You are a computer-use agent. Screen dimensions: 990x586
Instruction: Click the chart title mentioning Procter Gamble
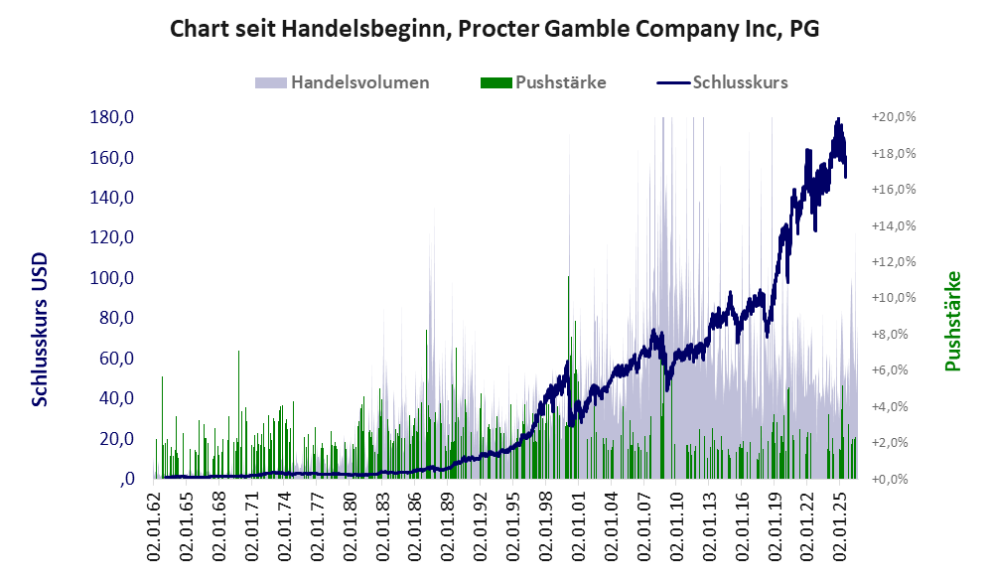pyautogui.click(x=495, y=29)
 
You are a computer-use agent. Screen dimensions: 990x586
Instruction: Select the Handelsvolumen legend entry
pyautogui.click(x=343, y=82)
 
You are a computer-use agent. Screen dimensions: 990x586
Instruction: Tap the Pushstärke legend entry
pyautogui.click(x=543, y=82)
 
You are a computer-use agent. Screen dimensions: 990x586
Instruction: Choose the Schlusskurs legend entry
pyautogui.click(x=722, y=82)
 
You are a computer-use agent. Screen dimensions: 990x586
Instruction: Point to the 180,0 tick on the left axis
pyautogui.click(x=112, y=117)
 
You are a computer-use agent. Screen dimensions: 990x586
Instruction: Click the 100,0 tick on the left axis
pyautogui.click(x=112, y=278)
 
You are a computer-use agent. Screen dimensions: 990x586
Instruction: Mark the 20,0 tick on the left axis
pyautogui.click(x=117, y=438)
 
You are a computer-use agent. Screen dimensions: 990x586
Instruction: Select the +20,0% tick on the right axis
pyautogui.click(x=894, y=117)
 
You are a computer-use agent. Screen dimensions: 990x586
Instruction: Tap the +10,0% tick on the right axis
pyautogui.click(x=894, y=298)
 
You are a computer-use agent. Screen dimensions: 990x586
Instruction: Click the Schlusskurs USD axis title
pyautogui.click(x=40, y=330)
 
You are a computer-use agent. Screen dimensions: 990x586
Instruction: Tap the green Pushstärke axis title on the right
pyautogui.click(x=952, y=321)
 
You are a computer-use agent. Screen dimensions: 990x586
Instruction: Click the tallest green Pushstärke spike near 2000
pyautogui.click(x=569, y=377)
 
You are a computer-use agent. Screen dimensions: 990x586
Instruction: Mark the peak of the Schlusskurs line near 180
pyautogui.click(x=838, y=118)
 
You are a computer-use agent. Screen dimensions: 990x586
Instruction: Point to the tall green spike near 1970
pyautogui.click(x=238, y=413)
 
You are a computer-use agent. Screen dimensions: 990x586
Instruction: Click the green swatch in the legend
pyautogui.click(x=496, y=82)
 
